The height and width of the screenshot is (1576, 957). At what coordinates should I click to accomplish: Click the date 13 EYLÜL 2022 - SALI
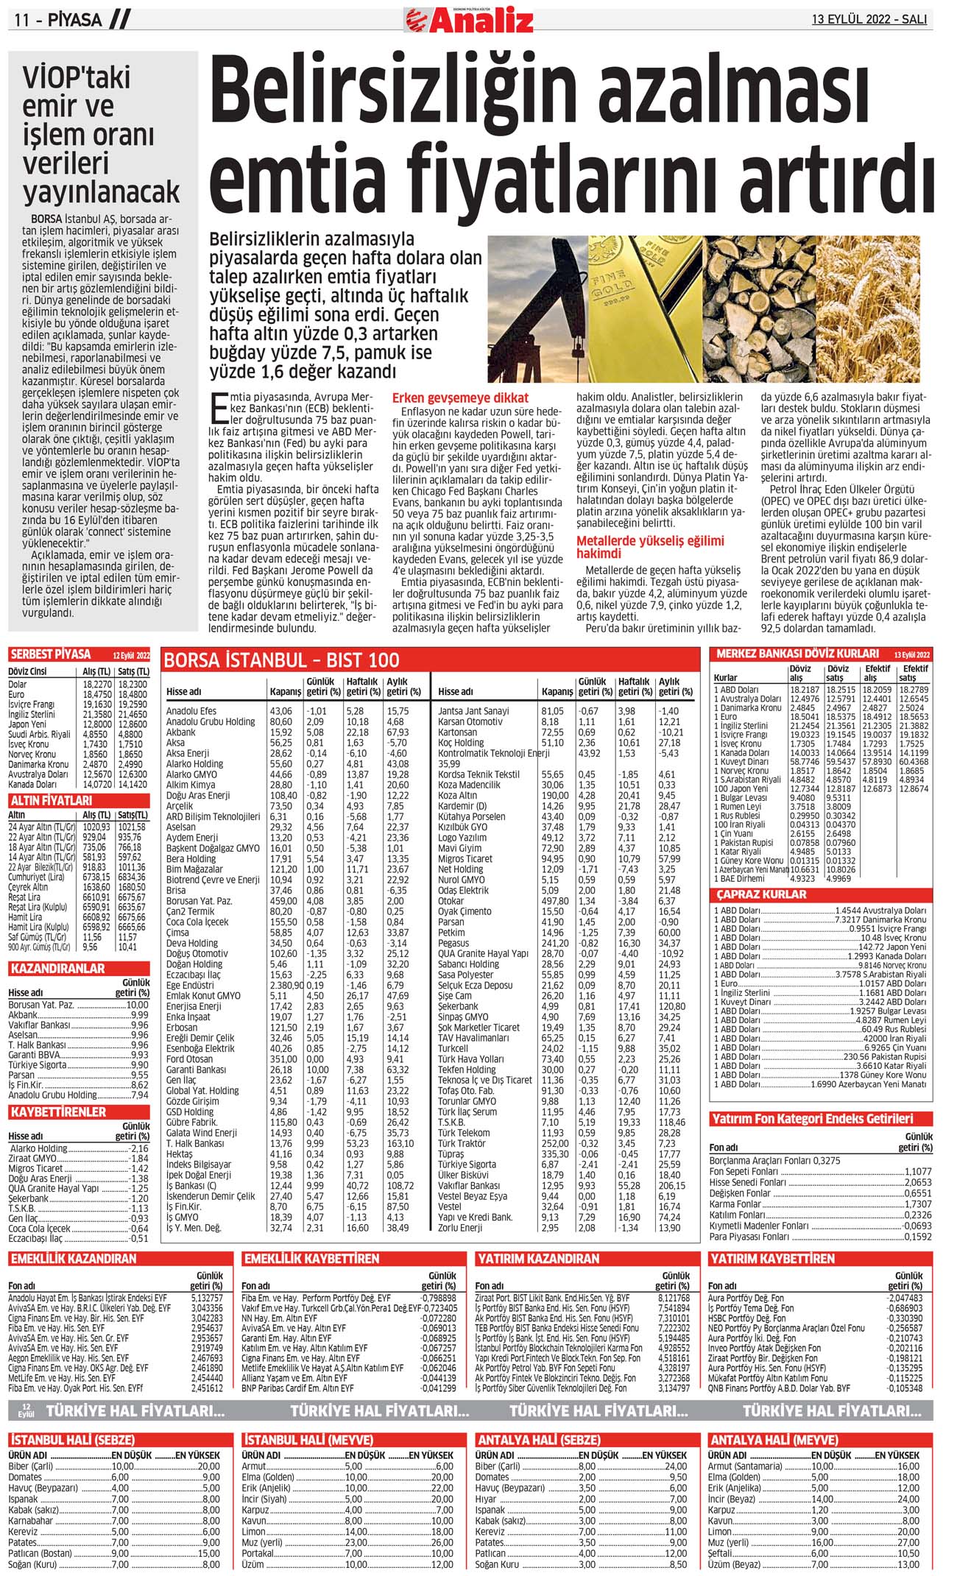click(x=869, y=20)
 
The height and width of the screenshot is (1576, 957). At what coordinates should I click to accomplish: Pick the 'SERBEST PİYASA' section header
click(x=51, y=654)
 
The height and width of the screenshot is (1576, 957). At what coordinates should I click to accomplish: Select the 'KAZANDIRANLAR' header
click(x=57, y=969)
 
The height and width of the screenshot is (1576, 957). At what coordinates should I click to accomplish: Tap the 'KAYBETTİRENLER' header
click(x=58, y=1112)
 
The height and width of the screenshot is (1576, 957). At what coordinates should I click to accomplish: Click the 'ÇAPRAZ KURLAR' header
click(x=761, y=894)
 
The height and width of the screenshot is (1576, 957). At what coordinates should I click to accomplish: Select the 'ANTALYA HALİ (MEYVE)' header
click(x=773, y=1440)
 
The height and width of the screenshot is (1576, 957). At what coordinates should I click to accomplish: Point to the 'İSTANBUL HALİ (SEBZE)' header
click(x=72, y=1440)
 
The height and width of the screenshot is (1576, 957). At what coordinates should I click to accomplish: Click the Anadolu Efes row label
click(x=191, y=711)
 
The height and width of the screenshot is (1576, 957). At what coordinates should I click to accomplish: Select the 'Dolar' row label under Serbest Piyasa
click(x=18, y=684)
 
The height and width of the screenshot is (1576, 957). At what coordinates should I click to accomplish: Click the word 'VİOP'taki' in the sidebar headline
click(x=77, y=77)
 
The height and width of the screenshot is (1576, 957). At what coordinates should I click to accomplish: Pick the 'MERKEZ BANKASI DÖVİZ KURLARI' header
click(x=797, y=654)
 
